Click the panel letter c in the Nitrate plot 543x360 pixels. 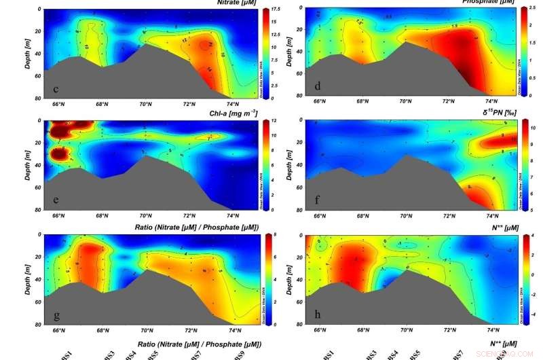pyautogui.click(x=55, y=89)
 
